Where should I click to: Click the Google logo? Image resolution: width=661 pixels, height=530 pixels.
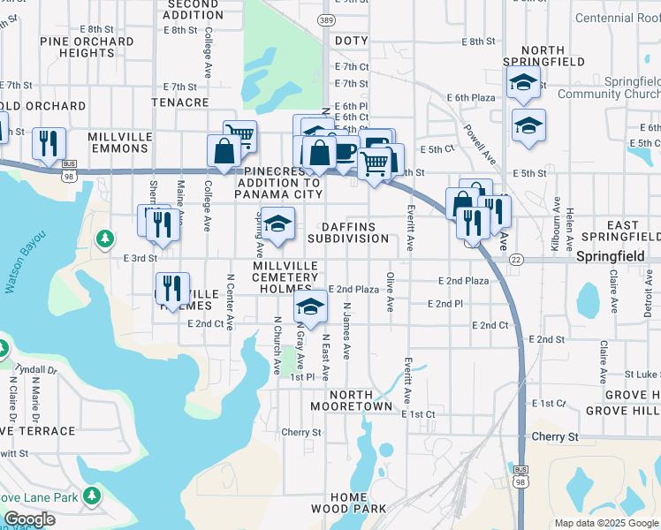coord(28,519)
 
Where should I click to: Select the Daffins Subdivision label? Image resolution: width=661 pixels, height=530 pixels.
coord(348,232)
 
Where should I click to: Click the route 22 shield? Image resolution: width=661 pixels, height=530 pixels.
coord(516,259)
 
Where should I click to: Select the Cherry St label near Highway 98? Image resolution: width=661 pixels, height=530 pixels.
coord(554,436)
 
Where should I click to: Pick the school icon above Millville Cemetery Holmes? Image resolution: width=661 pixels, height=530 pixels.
coord(277,223)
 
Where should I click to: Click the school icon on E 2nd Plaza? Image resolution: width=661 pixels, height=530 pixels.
coord(310,307)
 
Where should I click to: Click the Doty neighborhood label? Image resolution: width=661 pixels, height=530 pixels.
coord(350,41)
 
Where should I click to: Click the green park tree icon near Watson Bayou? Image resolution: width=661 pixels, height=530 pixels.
coord(105,238)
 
